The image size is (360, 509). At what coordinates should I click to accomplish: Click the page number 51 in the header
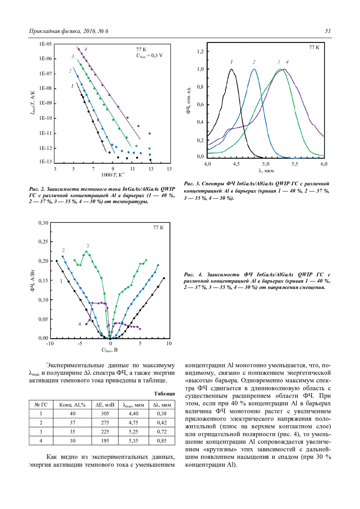tap(328, 31)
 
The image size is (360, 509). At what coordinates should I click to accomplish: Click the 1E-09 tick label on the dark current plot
tap(45, 103)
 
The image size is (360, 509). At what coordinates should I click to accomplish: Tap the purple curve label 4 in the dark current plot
tap(85, 49)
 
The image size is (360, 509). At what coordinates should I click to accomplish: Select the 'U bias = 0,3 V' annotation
tap(149, 55)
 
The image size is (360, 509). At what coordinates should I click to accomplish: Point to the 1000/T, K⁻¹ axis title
tap(113, 175)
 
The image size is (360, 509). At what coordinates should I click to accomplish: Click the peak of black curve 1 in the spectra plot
tap(231, 69)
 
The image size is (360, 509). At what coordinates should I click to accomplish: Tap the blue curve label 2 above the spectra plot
tap(254, 62)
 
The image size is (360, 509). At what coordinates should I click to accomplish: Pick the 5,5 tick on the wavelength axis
tap(295, 164)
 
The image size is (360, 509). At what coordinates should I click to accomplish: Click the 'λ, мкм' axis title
tap(266, 171)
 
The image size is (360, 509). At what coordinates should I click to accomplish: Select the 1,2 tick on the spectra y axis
tap(200, 52)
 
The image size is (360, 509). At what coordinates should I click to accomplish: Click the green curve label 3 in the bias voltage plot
tap(88, 246)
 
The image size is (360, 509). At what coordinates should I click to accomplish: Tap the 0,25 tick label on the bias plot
tap(43, 242)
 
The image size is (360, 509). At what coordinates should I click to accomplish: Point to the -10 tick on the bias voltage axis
tap(50, 344)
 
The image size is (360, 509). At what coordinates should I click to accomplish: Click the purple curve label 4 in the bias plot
tap(79, 324)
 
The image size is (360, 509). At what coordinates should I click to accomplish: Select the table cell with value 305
tap(105, 414)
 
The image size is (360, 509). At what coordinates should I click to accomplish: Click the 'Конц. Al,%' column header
tap(72, 405)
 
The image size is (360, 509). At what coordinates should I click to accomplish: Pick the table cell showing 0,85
tap(162, 441)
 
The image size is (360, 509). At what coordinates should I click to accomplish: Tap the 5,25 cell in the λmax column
tap(133, 432)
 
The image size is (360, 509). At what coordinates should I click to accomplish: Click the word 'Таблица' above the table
tap(164, 394)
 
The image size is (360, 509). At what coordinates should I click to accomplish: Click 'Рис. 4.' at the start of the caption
tap(193, 275)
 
